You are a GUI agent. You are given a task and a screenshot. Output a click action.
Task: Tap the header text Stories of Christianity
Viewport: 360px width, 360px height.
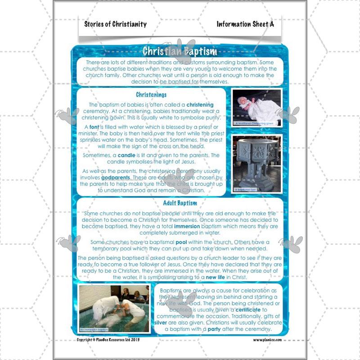point(115,24)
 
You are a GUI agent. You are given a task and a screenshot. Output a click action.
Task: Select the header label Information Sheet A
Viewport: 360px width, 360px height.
point(245,24)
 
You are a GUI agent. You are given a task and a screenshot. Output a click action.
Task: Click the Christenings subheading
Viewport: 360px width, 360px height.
point(151,95)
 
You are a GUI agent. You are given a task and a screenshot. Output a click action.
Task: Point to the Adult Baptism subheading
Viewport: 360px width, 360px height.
point(180,203)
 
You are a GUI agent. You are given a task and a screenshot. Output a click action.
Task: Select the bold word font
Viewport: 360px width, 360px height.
point(94,127)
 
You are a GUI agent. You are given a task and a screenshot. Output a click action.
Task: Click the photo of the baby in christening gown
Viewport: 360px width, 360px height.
point(256,107)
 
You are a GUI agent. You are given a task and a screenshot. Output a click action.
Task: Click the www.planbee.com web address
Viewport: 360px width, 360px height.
point(267,341)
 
